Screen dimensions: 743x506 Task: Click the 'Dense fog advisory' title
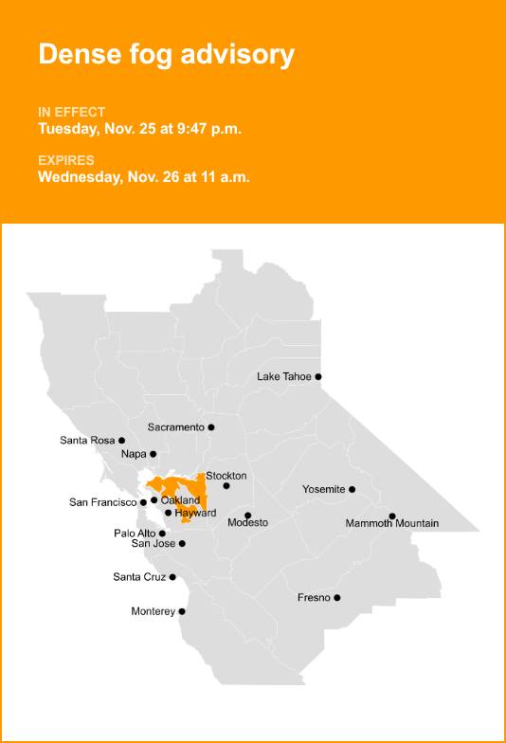point(166,55)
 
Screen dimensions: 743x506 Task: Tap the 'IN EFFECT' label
point(72,112)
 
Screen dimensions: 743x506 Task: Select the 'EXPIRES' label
point(66,160)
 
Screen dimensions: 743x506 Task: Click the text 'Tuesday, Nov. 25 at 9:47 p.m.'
point(139,129)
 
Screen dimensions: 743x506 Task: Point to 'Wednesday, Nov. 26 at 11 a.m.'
point(144,176)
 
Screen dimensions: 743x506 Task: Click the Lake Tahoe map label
point(284,376)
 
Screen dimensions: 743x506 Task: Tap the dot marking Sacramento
point(211,427)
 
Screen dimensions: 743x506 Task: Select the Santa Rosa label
point(87,440)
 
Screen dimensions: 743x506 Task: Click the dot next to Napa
point(154,454)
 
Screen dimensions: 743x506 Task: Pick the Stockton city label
point(226,475)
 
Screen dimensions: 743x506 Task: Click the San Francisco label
point(103,502)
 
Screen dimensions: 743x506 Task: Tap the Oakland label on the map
point(180,499)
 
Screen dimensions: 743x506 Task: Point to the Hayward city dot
point(169,513)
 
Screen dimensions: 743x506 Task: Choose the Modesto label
point(248,523)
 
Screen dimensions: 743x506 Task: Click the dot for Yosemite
point(352,489)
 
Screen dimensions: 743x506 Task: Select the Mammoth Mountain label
point(392,524)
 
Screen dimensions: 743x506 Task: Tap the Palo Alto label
point(135,534)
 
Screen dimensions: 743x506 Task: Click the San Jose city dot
point(182,543)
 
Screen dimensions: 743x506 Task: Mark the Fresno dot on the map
point(337,597)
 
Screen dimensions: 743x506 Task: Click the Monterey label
point(153,611)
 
